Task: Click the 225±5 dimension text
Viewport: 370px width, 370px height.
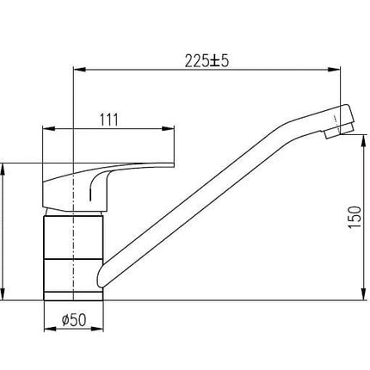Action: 207,61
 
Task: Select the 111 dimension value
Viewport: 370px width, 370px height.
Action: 108,120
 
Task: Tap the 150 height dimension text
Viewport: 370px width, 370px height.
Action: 355,217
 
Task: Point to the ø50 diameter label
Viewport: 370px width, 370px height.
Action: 74,320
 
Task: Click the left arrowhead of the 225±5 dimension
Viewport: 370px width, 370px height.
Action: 80,70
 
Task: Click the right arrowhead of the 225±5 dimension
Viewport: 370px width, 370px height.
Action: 334,70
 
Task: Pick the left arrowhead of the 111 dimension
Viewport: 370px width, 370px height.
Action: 48,129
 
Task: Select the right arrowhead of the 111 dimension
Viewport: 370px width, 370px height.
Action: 168,129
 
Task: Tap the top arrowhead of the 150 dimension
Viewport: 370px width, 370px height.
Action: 364,140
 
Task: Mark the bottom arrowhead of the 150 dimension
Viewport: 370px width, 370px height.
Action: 364,294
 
